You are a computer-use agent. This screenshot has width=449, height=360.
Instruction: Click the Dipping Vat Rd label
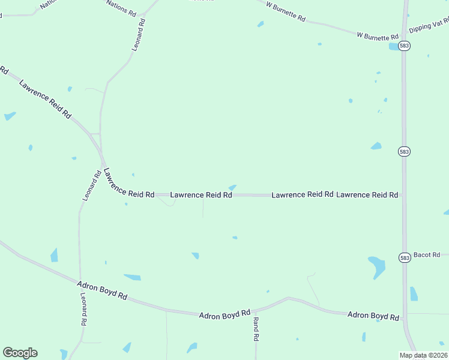click(x=428, y=28)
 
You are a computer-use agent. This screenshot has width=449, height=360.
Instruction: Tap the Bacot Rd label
click(x=427, y=255)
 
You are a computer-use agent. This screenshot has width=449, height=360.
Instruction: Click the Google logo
click(x=20, y=353)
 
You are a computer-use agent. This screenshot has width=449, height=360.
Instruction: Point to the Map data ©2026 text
click(x=423, y=355)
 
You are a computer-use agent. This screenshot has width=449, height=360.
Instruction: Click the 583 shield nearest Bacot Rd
click(x=404, y=257)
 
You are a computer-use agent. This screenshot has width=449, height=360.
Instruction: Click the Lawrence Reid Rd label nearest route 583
click(x=367, y=195)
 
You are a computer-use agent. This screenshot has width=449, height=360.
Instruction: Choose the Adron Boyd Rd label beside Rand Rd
click(x=224, y=314)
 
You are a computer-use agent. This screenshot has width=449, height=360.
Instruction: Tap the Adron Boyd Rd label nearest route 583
click(x=373, y=316)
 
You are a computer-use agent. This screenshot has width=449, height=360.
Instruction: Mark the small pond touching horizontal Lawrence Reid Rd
click(x=232, y=188)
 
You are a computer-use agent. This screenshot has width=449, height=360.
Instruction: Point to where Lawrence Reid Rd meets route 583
click(x=404, y=196)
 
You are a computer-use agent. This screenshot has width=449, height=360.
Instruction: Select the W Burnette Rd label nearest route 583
click(x=378, y=36)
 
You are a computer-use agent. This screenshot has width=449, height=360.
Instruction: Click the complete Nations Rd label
click(x=121, y=8)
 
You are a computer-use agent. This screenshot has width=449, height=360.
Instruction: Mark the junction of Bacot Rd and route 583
click(x=405, y=255)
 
